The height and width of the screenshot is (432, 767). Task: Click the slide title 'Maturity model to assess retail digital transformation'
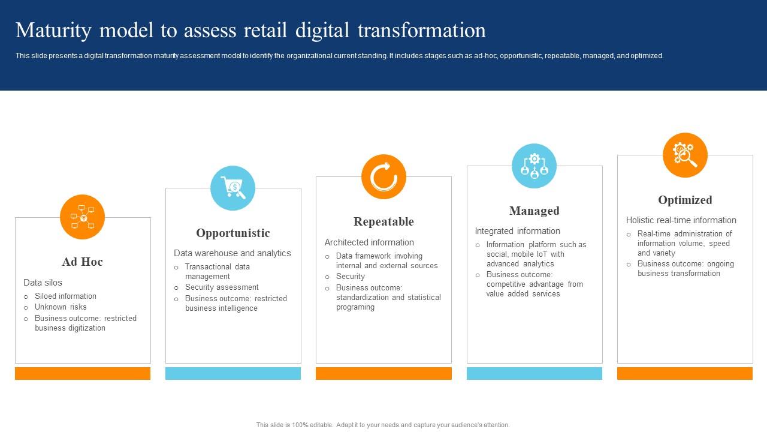[x=250, y=30]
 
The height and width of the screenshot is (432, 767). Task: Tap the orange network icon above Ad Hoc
[x=83, y=217]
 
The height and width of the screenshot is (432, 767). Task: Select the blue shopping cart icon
[x=232, y=188]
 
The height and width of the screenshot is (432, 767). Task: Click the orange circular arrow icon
[x=383, y=177]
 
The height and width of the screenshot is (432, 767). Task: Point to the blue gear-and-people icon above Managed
[x=534, y=166]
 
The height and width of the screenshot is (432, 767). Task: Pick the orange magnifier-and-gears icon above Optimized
[x=685, y=155]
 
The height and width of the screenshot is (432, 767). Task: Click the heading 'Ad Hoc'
[x=83, y=262]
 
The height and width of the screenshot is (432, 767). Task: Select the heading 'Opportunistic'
[x=233, y=233]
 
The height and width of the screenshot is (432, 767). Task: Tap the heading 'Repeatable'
[x=383, y=221]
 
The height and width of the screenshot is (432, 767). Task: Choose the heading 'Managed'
[x=534, y=211]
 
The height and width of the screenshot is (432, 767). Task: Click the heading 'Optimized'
[x=685, y=200]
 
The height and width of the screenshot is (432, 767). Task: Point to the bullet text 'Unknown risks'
[x=61, y=307]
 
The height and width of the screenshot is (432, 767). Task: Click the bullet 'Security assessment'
[x=222, y=287]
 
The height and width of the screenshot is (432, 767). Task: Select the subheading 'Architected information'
[x=369, y=242]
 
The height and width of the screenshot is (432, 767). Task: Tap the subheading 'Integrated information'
[x=517, y=231]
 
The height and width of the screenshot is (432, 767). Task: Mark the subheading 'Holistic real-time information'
[x=681, y=220]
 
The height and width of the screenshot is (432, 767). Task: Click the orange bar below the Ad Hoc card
[x=83, y=373]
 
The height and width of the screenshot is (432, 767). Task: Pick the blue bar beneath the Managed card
[x=534, y=373]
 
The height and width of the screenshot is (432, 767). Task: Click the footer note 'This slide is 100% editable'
[x=383, y=425]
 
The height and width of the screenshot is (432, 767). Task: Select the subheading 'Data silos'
[x=43, y=282]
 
